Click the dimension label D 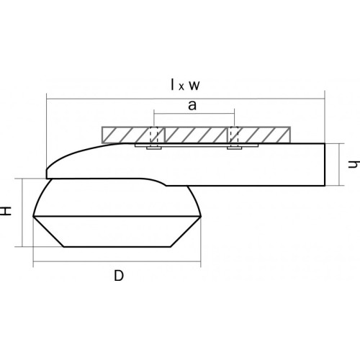[119, 276]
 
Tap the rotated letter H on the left [6, 211]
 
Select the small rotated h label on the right [354, 164]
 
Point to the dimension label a [192, 106]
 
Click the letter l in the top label [172, 85]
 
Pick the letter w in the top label [194, 86]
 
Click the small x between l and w [181, 87]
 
